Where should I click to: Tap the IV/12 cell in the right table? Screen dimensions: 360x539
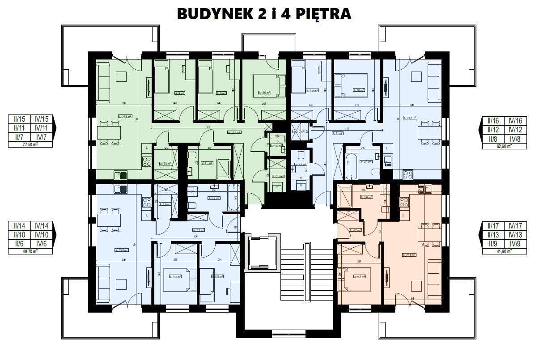point(514,130)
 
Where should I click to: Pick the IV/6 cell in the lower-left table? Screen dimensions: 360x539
point(42,243)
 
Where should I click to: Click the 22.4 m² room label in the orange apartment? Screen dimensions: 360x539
point(409,255)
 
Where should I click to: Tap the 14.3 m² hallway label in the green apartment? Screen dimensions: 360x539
point(234,132)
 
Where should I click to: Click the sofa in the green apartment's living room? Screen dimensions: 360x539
point(104,76)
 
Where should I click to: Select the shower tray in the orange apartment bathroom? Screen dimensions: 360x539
point(345,195)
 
